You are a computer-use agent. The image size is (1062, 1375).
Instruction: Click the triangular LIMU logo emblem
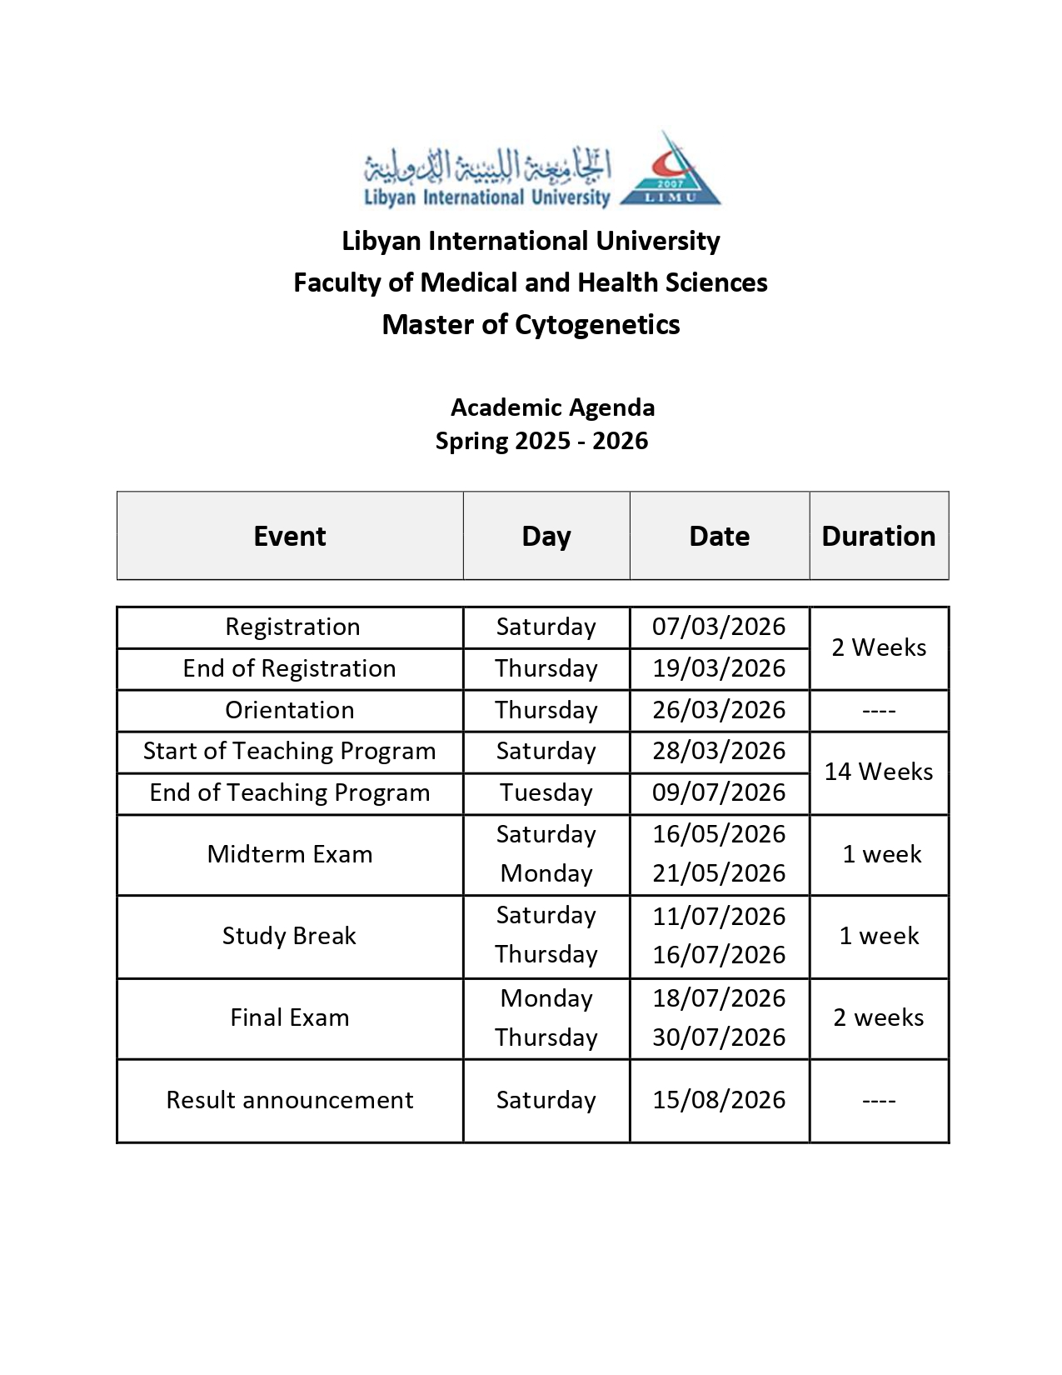coord(671,173)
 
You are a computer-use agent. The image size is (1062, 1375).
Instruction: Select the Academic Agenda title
coord(552,407)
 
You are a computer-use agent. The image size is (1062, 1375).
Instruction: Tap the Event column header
coord(289,536)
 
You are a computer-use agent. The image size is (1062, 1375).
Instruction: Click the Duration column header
coord(878,536)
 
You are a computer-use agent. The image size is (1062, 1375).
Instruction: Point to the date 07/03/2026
coord(719,627)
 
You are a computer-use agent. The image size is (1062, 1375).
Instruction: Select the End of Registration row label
coord(289,668)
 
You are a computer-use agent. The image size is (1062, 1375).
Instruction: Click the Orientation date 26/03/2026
coord(719,710)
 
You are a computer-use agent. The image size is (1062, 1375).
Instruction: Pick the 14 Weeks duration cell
coord(878,772)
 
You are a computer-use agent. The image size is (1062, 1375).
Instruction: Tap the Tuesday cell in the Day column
coord(546,792)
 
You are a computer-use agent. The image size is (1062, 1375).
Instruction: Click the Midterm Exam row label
coord(289,854)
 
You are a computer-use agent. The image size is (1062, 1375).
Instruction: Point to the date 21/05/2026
coord(719,873)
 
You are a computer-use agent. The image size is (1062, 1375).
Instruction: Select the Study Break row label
coord(289,936)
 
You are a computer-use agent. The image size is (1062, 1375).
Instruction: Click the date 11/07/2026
coord(719,916)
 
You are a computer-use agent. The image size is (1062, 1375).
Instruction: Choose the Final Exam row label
coord(289,1017)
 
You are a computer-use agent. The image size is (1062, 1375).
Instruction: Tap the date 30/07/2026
coord(719,1037)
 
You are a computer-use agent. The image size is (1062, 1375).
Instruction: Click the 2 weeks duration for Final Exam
coord(878,1017)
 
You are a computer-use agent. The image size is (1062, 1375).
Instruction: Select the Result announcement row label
coord(289,1100)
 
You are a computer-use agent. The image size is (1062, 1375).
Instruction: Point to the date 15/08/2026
coord(719,1100)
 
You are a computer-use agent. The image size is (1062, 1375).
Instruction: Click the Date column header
coord(719,536)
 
